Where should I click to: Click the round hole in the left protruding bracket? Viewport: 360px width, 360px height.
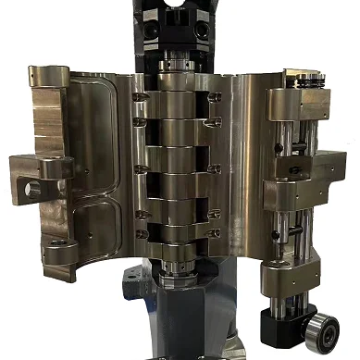[x=34, y=189]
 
